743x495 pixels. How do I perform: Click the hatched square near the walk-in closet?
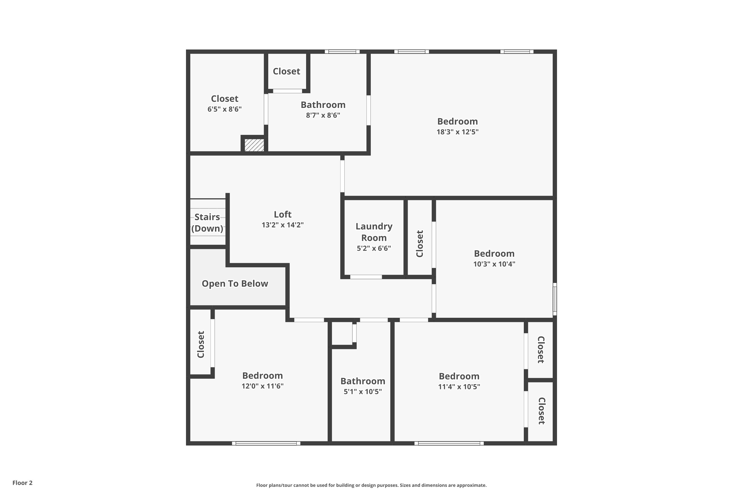point(254,145)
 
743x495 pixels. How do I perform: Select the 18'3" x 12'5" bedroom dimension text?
point(457,132)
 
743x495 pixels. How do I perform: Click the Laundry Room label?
point(374,232)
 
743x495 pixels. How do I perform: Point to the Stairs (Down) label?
point(207,223)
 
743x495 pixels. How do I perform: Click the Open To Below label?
point(235,283)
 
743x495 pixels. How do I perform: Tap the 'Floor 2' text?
point(23,483)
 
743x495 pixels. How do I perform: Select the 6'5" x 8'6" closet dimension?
point(224,109)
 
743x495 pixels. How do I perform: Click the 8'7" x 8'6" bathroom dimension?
point(323,115)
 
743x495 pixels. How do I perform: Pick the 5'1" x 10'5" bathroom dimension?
point(363,392)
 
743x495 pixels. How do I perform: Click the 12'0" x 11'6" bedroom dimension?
point(263,386)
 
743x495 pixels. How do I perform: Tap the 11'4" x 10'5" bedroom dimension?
point(459,387)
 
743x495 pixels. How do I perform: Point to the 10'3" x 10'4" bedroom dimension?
point(494,264)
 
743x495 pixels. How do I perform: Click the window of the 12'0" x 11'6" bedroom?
point(266,443)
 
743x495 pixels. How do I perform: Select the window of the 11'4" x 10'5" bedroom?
point(449,443)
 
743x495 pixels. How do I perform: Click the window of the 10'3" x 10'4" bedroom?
point(555,299)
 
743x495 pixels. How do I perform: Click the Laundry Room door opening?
point(366,277)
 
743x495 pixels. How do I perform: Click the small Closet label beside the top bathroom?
point(286,71)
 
